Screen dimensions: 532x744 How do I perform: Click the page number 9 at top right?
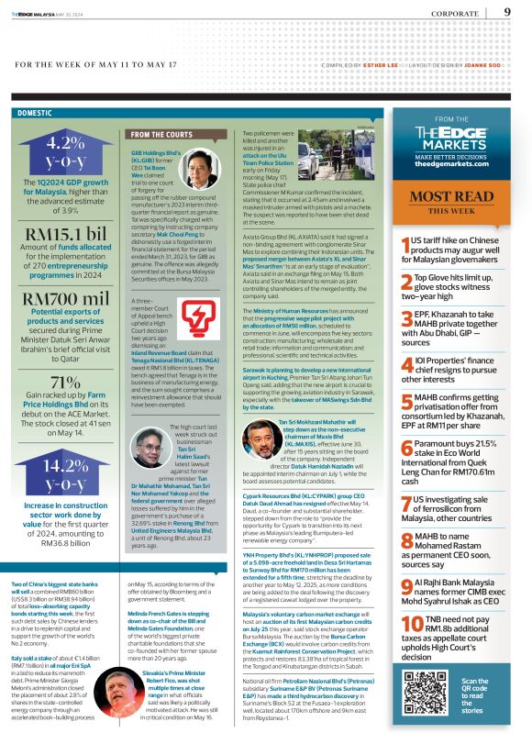(507, 12)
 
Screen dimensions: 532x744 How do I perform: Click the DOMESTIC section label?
(35, 113)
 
